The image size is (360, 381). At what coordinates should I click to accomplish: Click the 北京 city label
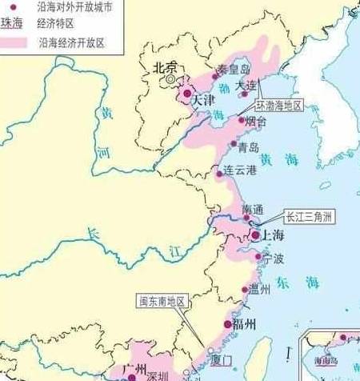point(165,69)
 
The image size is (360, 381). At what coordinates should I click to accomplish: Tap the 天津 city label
point(203,101)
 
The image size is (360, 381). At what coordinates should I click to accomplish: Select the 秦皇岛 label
point(234,70)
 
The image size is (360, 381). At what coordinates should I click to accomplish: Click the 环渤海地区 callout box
point(279,105)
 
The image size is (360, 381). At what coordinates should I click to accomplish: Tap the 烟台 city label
point(256,122)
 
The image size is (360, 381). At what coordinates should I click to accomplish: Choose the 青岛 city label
point(249,146)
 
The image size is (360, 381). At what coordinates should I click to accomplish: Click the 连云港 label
point(240,170)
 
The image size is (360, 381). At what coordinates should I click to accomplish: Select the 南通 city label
point(252,209)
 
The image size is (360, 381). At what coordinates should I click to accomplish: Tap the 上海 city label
point(267,235)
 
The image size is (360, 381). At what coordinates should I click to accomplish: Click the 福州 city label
point(244,324)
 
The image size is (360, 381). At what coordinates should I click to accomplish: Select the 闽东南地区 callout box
point(161,302)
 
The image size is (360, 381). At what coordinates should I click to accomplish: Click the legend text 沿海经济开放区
point(71,42)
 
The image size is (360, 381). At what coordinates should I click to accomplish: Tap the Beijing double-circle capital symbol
point(170,80)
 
